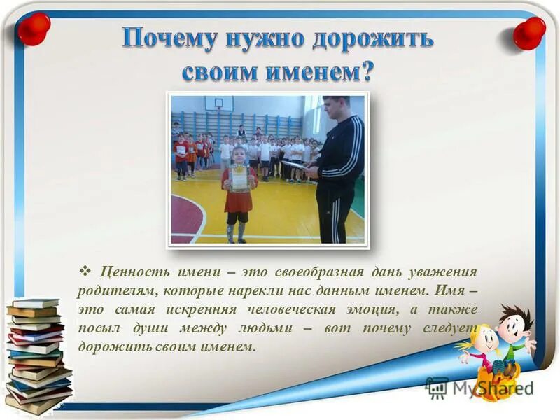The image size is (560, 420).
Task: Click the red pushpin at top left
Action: pyautogui.click(x=33, y=29)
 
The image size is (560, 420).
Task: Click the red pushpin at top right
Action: pyautogui.click(x=529, y=32)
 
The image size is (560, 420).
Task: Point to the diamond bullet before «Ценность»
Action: pyautogui.click(x=87, y=272)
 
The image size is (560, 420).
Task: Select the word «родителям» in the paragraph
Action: pyautogui.click(x=115, y=290)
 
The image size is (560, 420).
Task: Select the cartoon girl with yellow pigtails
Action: pyautogui.click(x=483, y=346)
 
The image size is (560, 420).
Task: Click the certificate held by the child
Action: pyautogui.click(x=239, y=178)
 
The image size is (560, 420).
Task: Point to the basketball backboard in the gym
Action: pyautogui.click(x=223, y=104)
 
